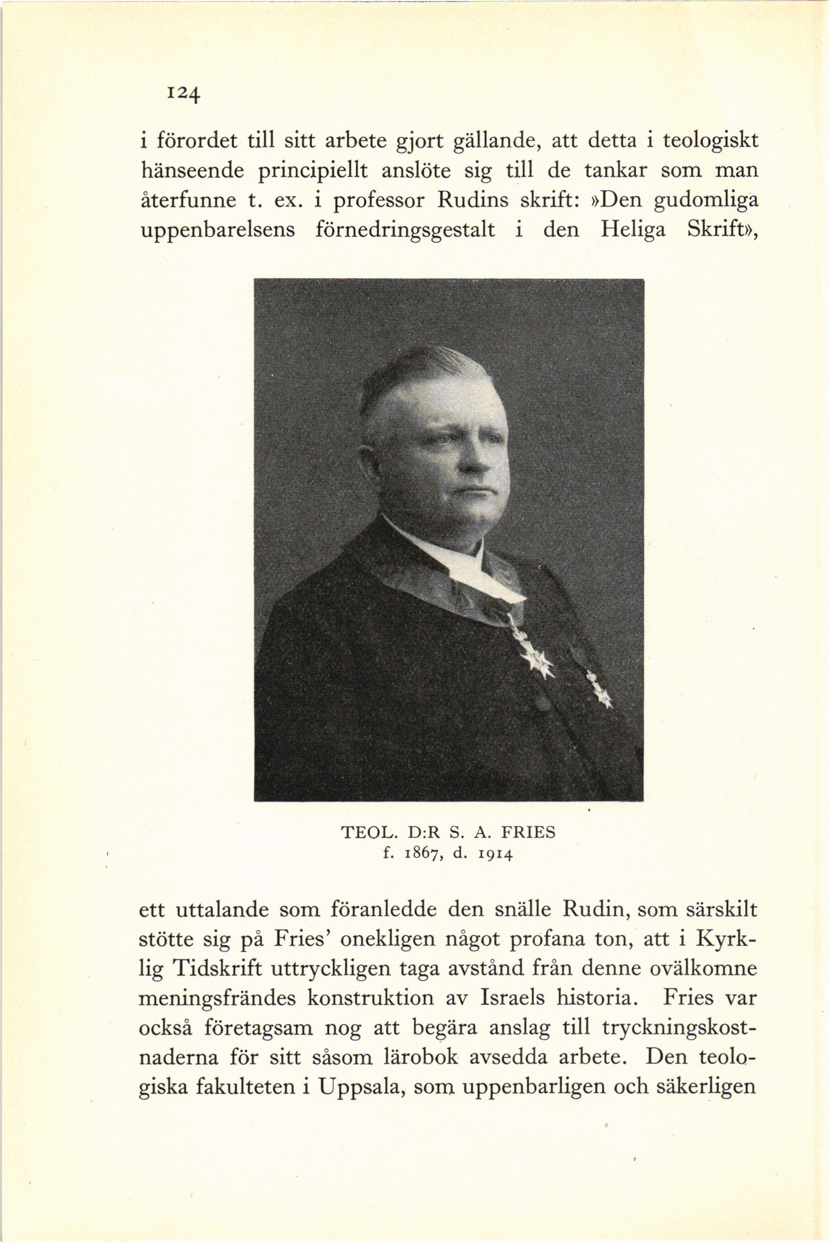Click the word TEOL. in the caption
click(x=365, y=833)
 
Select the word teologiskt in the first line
click(x=710, y=140)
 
